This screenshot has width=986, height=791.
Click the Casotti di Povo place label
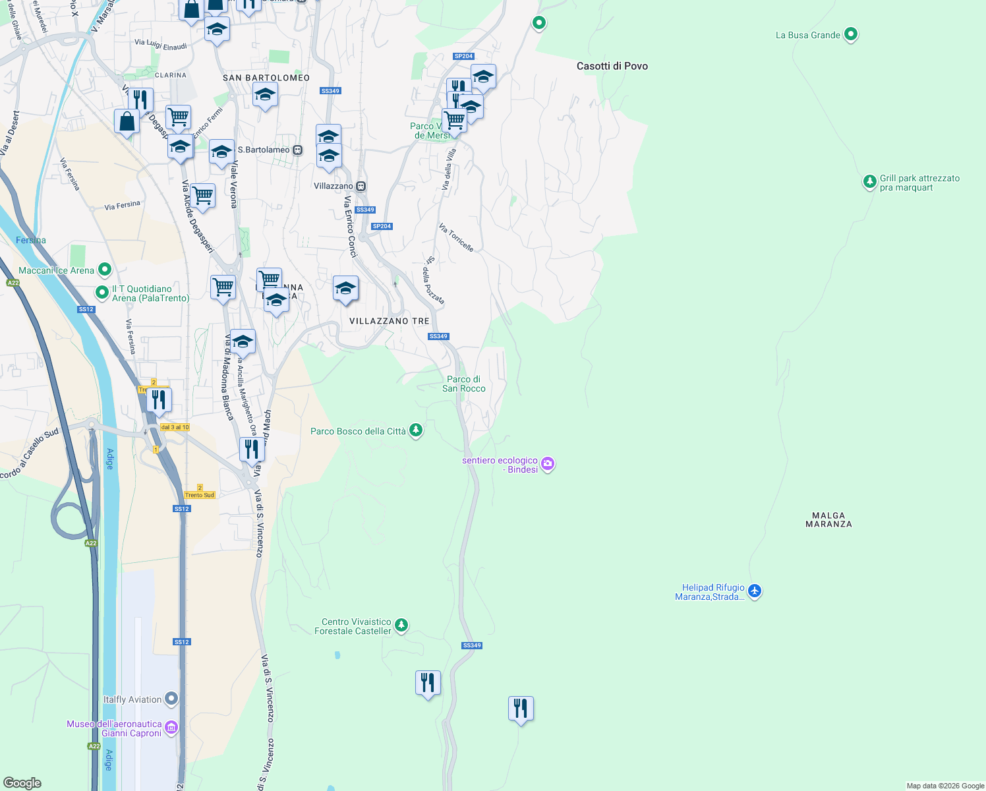[612, 66]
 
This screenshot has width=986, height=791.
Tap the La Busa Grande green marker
[850, 34]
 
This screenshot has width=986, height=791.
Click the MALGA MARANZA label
[828, 520]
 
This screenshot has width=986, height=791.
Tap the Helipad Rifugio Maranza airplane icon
[755, 591]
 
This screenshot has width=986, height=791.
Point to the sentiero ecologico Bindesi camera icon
[547, 465]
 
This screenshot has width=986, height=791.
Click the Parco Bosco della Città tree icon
[415, 431]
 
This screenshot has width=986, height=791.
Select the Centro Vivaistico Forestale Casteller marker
[401, 625]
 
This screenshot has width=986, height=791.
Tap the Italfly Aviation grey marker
[171, 698]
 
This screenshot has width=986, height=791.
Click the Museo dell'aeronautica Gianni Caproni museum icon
[171, 728]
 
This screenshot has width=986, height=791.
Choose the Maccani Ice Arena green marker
[104, 270]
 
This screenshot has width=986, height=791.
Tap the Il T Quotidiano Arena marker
[101, 292]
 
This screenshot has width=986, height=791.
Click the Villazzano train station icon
[361, 187]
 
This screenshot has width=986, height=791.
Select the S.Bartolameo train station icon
[297, 150]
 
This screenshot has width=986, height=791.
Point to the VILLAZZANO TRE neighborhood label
[389, 321]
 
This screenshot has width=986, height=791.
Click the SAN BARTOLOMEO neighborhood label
[266, 78]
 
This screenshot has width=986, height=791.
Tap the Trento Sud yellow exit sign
[200, 495]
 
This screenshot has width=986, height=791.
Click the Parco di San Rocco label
[463, 384]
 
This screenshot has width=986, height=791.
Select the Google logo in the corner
[22, 782]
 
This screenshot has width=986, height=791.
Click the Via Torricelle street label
[456, 237]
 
